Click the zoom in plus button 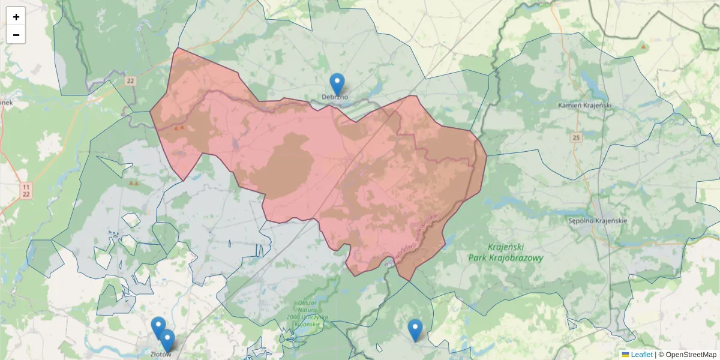click(x=16, y=17)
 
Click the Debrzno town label click(x=335, y=97)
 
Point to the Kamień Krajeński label click(x=584, y=106)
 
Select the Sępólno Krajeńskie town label click(x=597, y=220)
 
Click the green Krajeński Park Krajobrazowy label click(x=506, y=253)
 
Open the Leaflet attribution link click(x=641, y=355)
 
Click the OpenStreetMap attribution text click(x=691, y=355)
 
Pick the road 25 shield click(x=577, y=138)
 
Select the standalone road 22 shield click(x=130, y=80)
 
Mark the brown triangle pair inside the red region click(x=179, y=128)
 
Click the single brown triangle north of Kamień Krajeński click(x=644, y=46)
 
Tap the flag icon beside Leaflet click(x=626, y=355)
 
